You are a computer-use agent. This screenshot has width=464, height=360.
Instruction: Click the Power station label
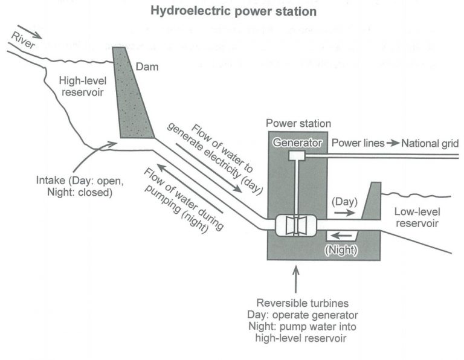298,124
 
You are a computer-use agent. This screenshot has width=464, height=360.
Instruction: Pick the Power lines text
358,143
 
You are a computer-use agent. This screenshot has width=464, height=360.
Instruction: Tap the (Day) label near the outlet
344,201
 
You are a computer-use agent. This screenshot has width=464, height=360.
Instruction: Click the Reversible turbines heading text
295,303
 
